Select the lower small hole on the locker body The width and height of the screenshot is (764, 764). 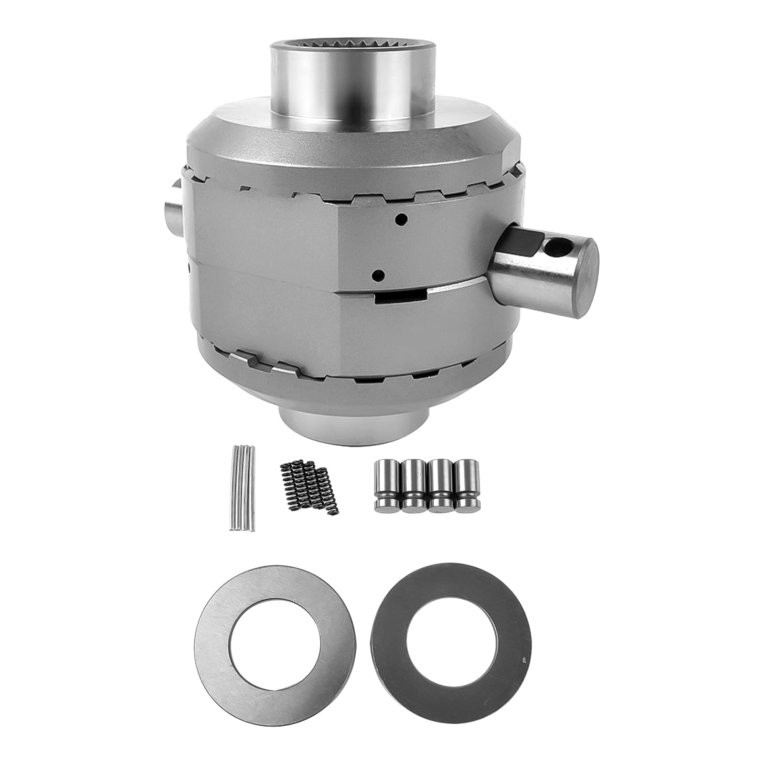point(379,275)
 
